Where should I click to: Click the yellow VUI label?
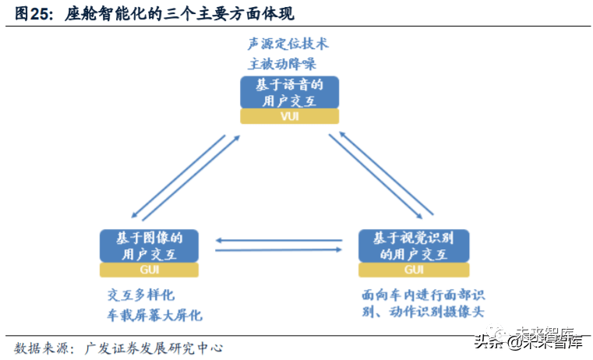[x=290, y=116]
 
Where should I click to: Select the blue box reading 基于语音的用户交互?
[x=290, y=92]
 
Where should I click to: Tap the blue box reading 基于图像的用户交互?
[x=149, y=245]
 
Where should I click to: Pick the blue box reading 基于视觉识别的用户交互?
[x=415, y=245]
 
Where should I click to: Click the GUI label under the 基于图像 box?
[x=149, y=270]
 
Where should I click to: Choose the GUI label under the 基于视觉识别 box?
[x=415, y=270]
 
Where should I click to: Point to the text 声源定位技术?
[x=288, y=44]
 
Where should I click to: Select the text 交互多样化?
[x=140, y=295]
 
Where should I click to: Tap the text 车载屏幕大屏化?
[x=154, y=315]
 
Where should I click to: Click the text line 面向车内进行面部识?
[x=424, y=295]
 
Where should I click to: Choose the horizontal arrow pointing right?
[x=279, y=250]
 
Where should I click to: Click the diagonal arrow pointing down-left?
[x=178, y=176]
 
